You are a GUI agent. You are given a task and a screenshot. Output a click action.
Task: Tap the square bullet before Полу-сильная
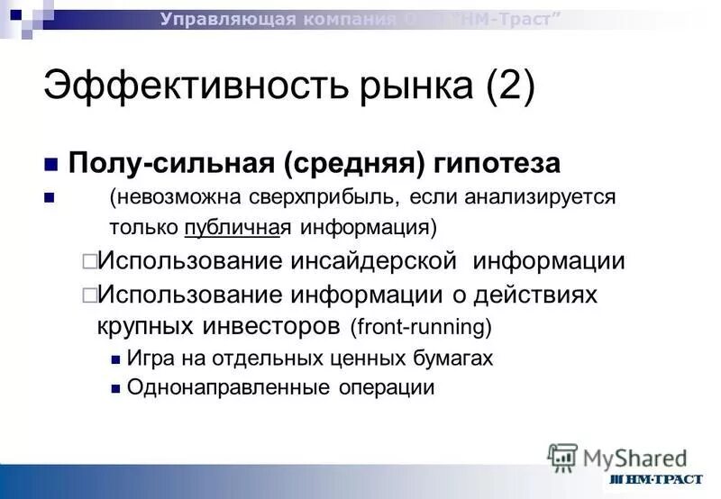51,165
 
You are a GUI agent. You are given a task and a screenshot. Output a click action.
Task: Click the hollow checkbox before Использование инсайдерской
89,262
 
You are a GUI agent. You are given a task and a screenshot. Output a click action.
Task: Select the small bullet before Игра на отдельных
114,358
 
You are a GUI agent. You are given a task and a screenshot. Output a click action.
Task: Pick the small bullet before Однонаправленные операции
114,388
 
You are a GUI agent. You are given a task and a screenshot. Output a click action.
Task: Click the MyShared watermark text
634,458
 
